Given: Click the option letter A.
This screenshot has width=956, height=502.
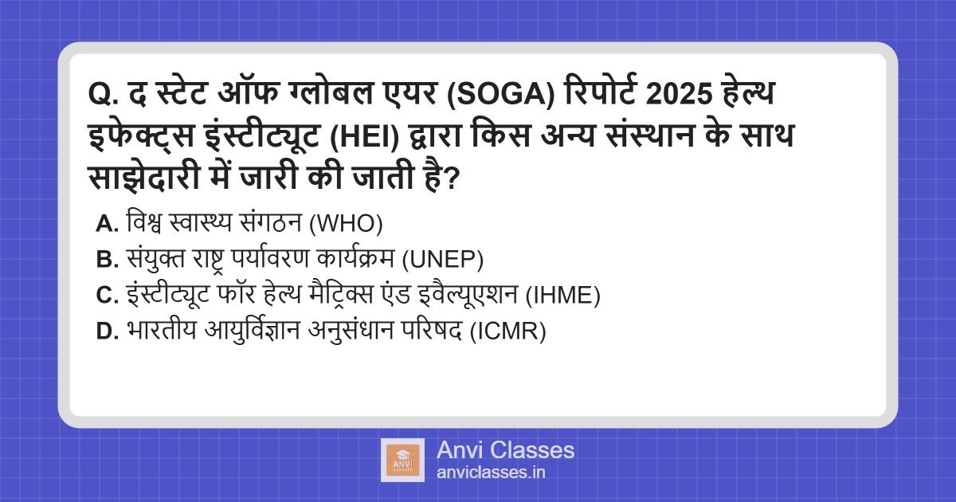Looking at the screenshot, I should coord(106,225).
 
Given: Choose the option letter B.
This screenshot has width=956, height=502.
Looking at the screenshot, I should coord(106,260).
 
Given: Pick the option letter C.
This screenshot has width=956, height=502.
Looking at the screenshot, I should coord(106,296).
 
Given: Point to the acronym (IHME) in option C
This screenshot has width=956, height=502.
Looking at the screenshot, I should coord(562,296).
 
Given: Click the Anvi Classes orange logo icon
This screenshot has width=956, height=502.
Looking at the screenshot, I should coord(402,461).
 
